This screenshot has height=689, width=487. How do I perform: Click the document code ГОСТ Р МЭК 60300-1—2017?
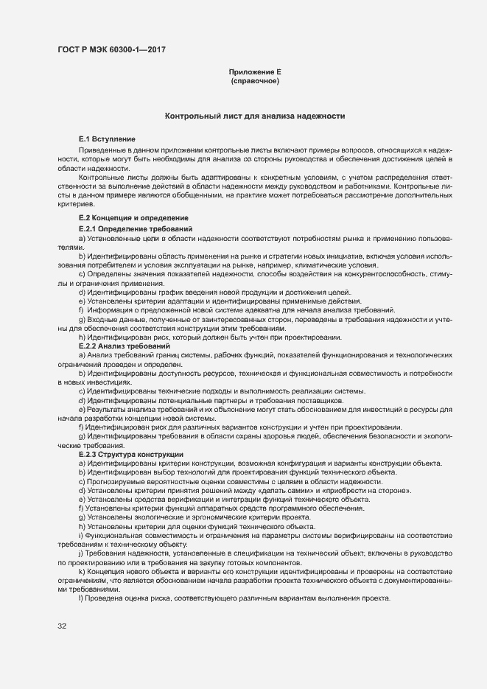(x=111, y=49)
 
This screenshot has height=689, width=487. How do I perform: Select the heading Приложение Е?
(x=255, y=72)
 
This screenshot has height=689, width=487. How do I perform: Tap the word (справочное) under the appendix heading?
(x=255, y=81)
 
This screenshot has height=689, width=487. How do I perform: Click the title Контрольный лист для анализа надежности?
(x=255, y=116)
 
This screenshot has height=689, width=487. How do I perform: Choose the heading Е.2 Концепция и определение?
(x=133, y=218)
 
